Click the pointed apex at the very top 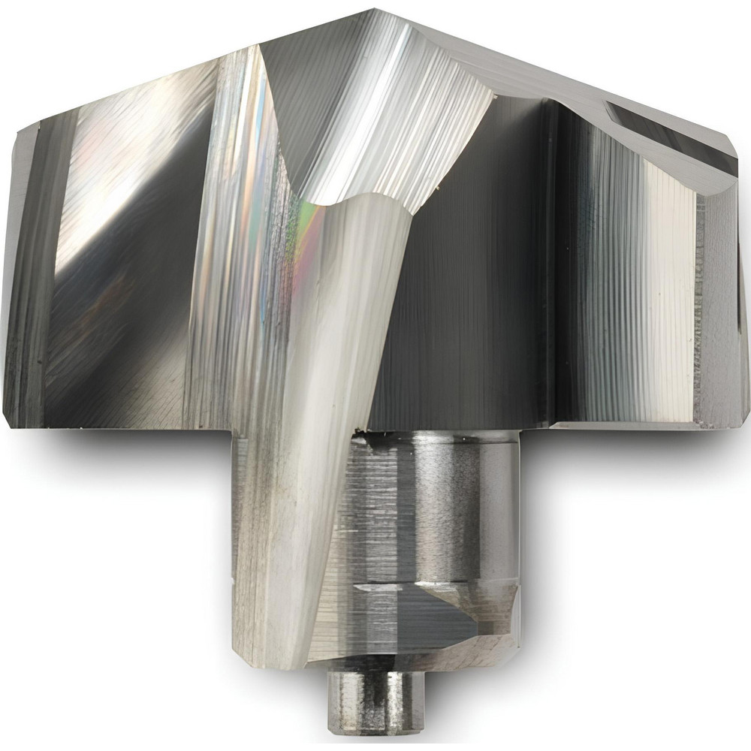coord(373,10)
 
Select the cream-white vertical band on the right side coord(672,300)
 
